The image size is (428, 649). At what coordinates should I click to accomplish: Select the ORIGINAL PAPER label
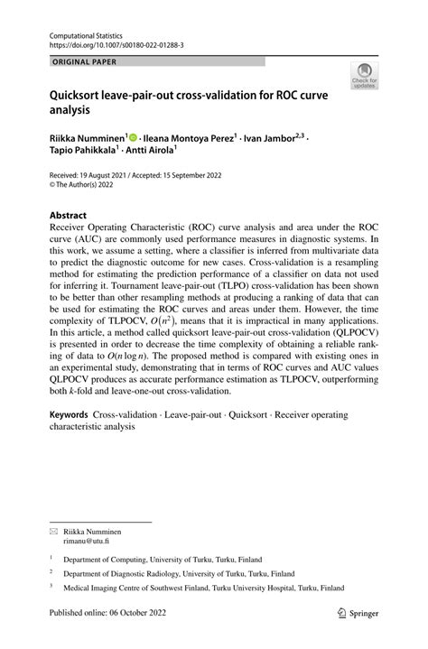(79, 61)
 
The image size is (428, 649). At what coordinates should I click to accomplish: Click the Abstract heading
(61, 217)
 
